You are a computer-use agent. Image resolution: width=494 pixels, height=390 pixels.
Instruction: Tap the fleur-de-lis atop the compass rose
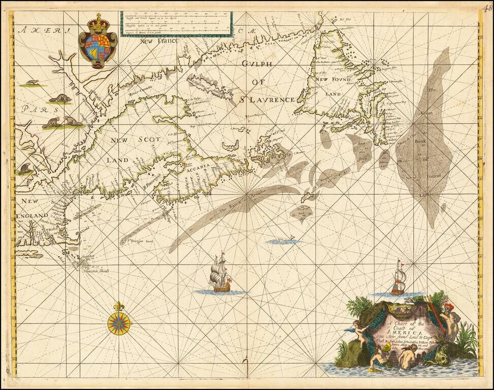(x=119, y=307)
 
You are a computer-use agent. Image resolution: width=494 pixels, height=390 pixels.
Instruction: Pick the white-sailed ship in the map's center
(x=220, y=274)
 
